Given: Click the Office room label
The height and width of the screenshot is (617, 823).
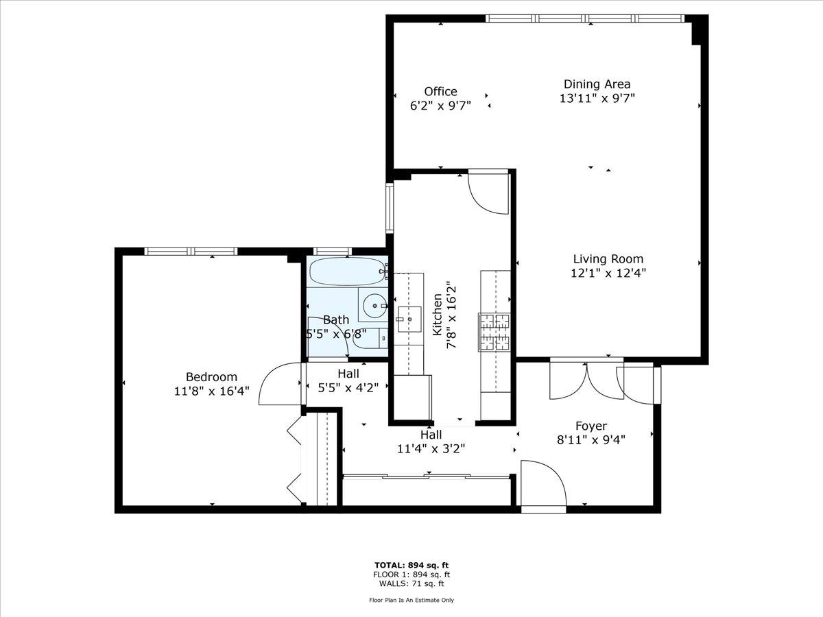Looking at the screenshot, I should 440,92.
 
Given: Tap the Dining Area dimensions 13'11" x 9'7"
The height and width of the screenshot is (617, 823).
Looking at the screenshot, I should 597,98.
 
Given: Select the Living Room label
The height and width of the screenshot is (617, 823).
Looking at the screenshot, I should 608,259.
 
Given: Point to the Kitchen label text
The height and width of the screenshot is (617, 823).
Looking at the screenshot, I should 437,315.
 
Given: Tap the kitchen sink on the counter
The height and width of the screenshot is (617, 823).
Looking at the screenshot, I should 409,319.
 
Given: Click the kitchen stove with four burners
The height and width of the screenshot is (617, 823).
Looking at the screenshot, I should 495,332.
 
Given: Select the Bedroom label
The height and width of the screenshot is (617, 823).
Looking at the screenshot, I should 211,377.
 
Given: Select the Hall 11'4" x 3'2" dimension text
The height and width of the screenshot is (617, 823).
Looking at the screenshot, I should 431,449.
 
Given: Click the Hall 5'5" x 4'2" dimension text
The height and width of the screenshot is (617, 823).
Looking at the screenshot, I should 348,387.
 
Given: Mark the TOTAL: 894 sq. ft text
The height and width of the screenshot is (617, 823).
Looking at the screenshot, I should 411,565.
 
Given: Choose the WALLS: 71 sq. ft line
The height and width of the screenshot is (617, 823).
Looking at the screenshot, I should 411,584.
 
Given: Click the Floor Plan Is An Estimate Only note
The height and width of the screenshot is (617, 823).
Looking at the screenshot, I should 411,600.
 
